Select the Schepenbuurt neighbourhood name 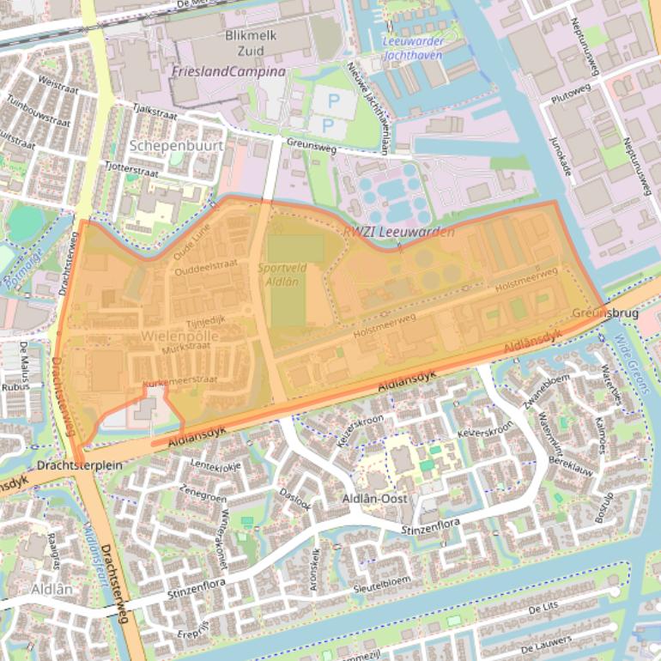point(177,145)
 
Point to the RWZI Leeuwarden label point(399,232)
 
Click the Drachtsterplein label point(80,464)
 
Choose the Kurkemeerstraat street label point(180,379)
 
